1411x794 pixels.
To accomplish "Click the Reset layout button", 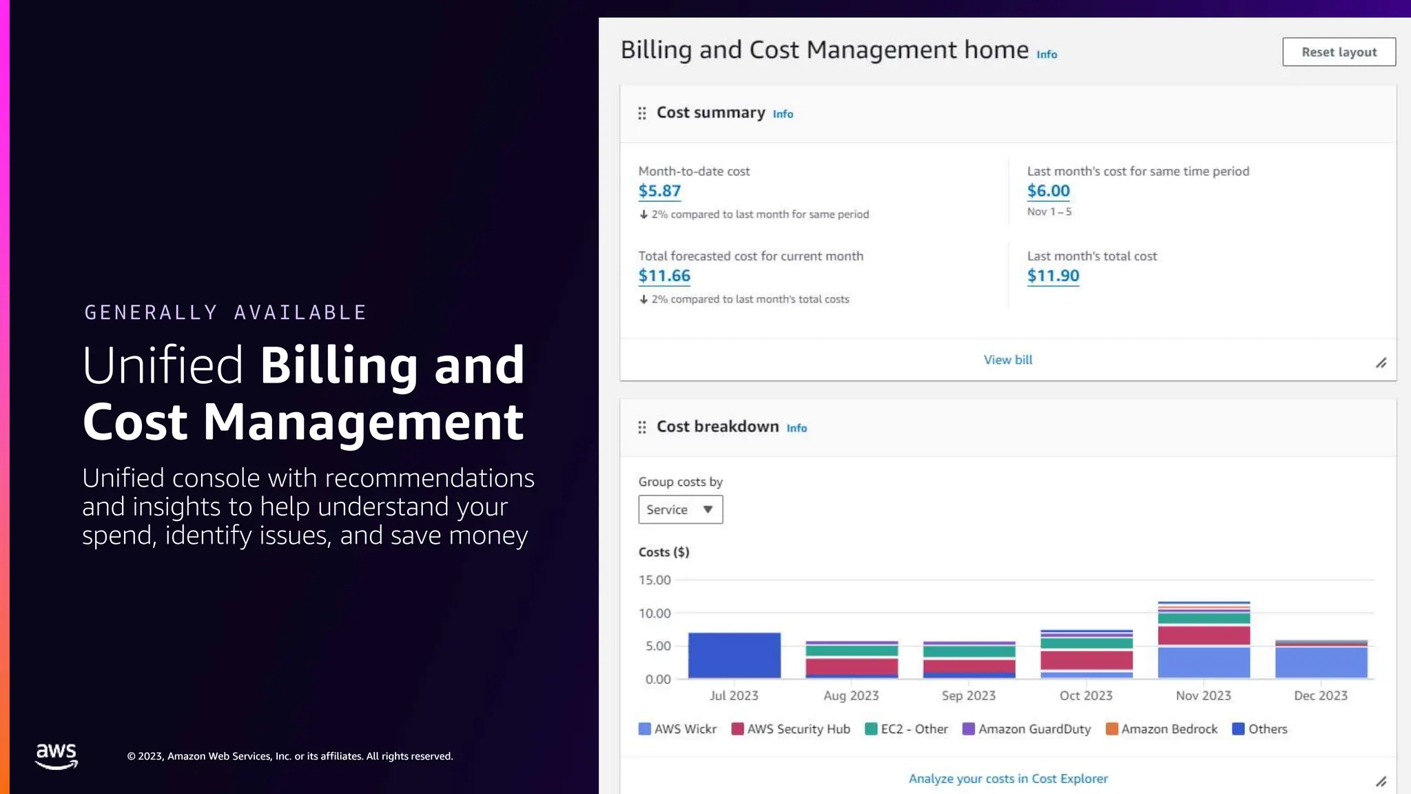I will click(x=1339, y=52).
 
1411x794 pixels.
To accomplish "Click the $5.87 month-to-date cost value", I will click(x=659, y=191).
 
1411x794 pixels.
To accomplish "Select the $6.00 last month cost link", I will click(x=1048, y=191).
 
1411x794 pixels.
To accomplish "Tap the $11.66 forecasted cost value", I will click(x=664, y=276).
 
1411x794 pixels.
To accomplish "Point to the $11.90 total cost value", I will click(x=1053, y=276).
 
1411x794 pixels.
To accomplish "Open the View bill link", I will click(x=1007, y=360).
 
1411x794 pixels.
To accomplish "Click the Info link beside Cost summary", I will click(x=783, y=114).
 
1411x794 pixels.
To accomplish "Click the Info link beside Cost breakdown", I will click(x=796, y=428).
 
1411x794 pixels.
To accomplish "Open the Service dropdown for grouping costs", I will click(x=680, y=509).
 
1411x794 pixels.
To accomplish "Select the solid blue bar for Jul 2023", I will click(x=734, y=655).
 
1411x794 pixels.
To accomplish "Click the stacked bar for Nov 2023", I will click(x=1204, y=641).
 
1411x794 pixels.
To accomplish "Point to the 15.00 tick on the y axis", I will click(x=655, y=580).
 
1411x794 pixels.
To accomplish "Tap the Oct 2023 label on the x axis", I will click(x=1086, y=695).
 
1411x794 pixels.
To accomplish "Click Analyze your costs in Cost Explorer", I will click(x=1007, y=779).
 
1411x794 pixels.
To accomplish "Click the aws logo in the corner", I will click(x=56, y=755).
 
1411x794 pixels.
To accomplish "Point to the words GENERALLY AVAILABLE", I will click(x=225, y=312).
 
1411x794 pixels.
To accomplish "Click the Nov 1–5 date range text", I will click(x=1049, y=212).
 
